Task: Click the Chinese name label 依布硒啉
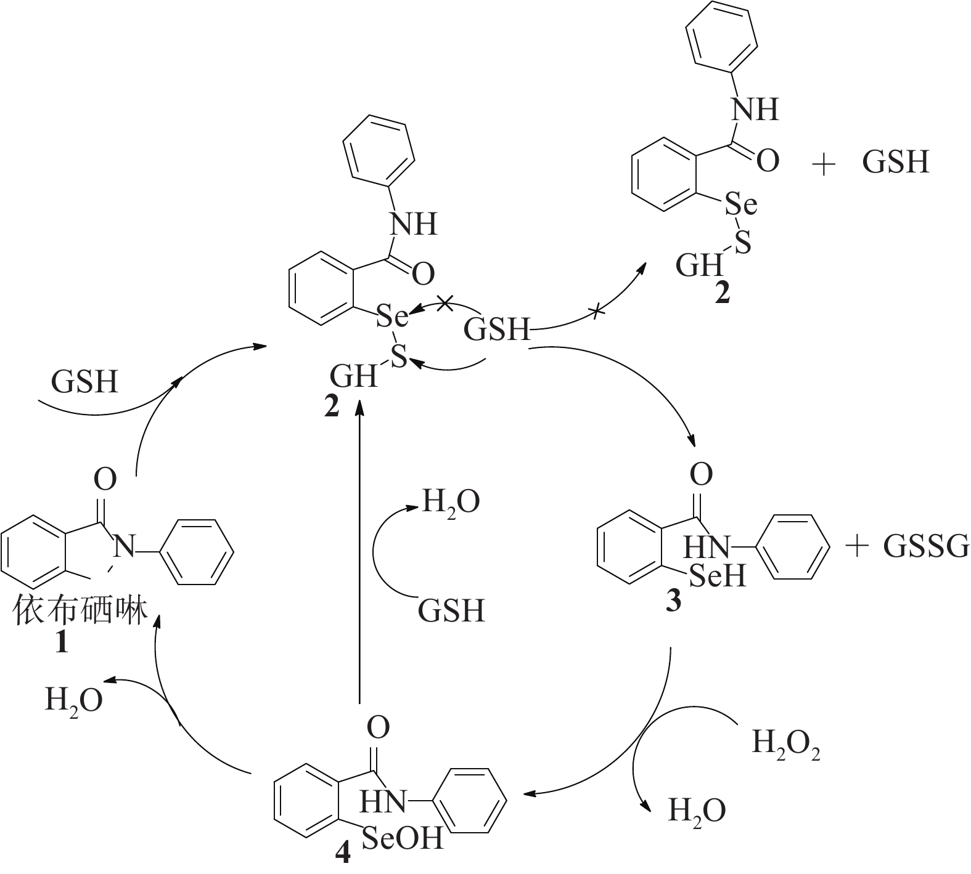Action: (81, 611)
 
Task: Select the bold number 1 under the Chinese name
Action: (62, 643)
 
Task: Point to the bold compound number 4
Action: (342, 852)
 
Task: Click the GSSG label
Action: (925, 546)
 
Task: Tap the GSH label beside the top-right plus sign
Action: (895, 163)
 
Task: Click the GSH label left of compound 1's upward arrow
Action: (84, 382)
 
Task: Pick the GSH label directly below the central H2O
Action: (451, 612)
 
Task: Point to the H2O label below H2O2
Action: (697, 811)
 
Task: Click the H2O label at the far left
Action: (73, 701)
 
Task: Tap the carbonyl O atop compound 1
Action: (105, 479)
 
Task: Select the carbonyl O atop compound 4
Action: (379, 728)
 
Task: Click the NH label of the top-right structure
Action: (755, 110)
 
